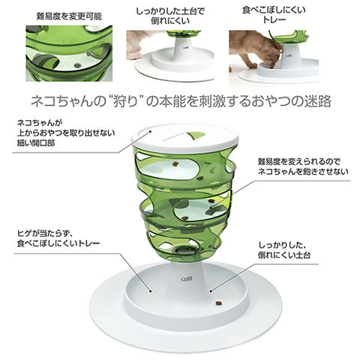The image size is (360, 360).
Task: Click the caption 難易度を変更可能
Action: tap(69, 16)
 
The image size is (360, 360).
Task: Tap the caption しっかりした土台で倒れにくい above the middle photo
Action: tap(170, 16)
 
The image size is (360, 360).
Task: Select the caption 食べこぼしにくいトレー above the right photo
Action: tap(274, 14)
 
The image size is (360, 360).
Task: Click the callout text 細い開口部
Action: tap(36, 143)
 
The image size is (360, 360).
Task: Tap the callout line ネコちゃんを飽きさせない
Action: tap(303, 172)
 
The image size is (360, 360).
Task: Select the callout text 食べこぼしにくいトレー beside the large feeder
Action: tap(58, 243)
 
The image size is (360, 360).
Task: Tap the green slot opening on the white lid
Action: tap(196, 136)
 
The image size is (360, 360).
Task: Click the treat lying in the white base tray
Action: tap(218, 303)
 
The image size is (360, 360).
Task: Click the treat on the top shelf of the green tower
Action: tap(175, 163)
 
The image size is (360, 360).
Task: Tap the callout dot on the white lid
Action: tap(151, 131)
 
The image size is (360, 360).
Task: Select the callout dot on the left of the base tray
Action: tap(150, 291)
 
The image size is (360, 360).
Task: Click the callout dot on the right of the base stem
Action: tap(211, 291)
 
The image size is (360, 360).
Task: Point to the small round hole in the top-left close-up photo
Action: tap(77, 65)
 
